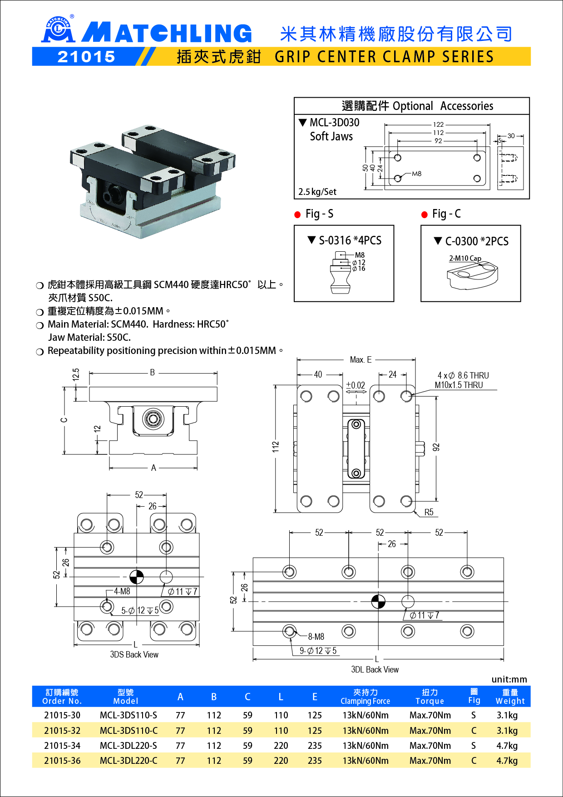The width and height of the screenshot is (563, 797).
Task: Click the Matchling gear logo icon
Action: tap(57, 30)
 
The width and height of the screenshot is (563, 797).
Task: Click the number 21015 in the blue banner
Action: tap(86, 57)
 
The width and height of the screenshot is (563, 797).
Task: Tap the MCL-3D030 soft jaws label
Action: tap(334, 123)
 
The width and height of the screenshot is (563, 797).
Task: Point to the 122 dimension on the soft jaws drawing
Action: tap(438, 125)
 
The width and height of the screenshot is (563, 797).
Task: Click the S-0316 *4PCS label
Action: tap(350, 241)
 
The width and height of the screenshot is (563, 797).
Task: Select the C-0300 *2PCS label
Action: tap(476, 241)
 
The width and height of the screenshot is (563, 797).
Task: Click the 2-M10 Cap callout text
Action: tap(465, 258)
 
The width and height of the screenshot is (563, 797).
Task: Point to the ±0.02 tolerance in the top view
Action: tap(356, 385)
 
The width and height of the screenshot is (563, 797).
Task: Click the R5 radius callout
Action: tap(429, 512)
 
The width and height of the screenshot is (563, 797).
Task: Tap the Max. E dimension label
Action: tap(361, 360)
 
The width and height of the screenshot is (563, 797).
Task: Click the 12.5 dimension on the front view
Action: tap(76, 375)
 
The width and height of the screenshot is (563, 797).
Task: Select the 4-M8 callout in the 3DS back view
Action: tap(122, 591)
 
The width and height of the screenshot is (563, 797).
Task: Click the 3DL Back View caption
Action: tap(375, 669)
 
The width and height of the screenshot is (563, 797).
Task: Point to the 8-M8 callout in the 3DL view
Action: tap(316, 637)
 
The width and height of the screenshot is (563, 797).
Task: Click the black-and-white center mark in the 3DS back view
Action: tap(137, 577)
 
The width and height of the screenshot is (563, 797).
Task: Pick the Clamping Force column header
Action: tap(365, 697)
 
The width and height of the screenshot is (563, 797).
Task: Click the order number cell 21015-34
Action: tap(62, 746)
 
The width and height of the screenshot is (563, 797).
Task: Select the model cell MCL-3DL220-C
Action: tap(128, 761)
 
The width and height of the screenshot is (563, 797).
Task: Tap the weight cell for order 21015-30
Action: tap(507, 715)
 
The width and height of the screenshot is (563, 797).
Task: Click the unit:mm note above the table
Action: tap(509, 679)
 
